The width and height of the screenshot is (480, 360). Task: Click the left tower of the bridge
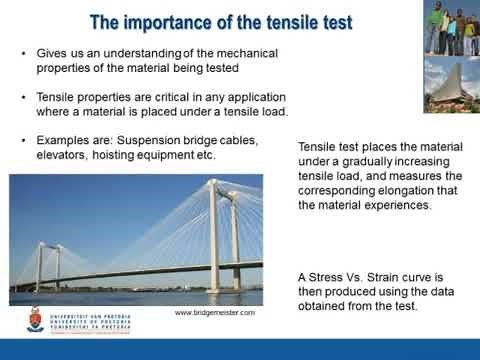pyautogui.click(x=38, y=264)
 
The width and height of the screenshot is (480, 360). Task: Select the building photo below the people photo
pyautogui.click(x=451, y=84)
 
